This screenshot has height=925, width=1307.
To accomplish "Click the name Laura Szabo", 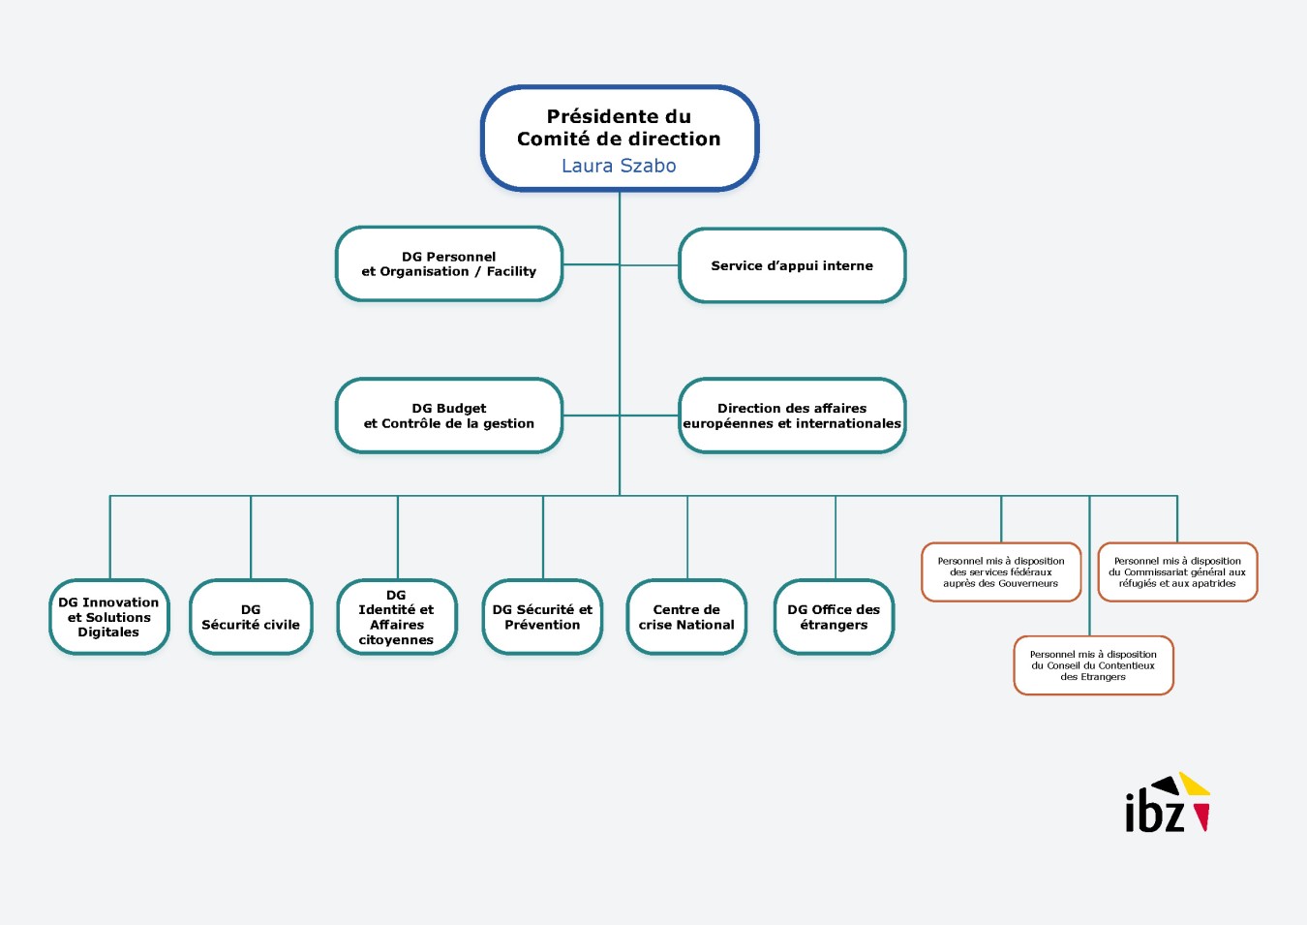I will [619, 166].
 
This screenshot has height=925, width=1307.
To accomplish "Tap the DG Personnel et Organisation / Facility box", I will [448, 263].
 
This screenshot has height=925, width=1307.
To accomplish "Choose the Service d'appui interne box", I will [792, 265].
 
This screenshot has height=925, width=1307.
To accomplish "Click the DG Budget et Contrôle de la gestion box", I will [448, 416].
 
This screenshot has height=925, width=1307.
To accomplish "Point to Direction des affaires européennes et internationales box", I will [792, 416].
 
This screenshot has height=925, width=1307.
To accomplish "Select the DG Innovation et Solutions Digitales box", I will [108, 617].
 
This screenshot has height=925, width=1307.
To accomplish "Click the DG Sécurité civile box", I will [251, 617].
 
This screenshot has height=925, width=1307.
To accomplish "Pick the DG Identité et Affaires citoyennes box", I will [396, 617].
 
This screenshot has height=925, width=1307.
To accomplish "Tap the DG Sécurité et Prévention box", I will [542, 617].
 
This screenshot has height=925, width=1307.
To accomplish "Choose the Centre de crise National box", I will [686, 617].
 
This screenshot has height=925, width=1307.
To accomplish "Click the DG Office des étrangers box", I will [834, 617].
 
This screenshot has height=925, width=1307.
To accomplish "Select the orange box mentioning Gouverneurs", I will [1001, 572].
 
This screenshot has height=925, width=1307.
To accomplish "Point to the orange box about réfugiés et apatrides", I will [1177, 572].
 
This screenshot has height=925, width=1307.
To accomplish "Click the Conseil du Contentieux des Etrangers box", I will [1093, 665].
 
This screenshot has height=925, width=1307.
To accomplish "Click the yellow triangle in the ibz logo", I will [1196, 785].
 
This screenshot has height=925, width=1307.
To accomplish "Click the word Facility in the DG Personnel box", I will [511, 271].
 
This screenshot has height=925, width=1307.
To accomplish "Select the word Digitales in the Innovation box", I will [108, 632].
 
